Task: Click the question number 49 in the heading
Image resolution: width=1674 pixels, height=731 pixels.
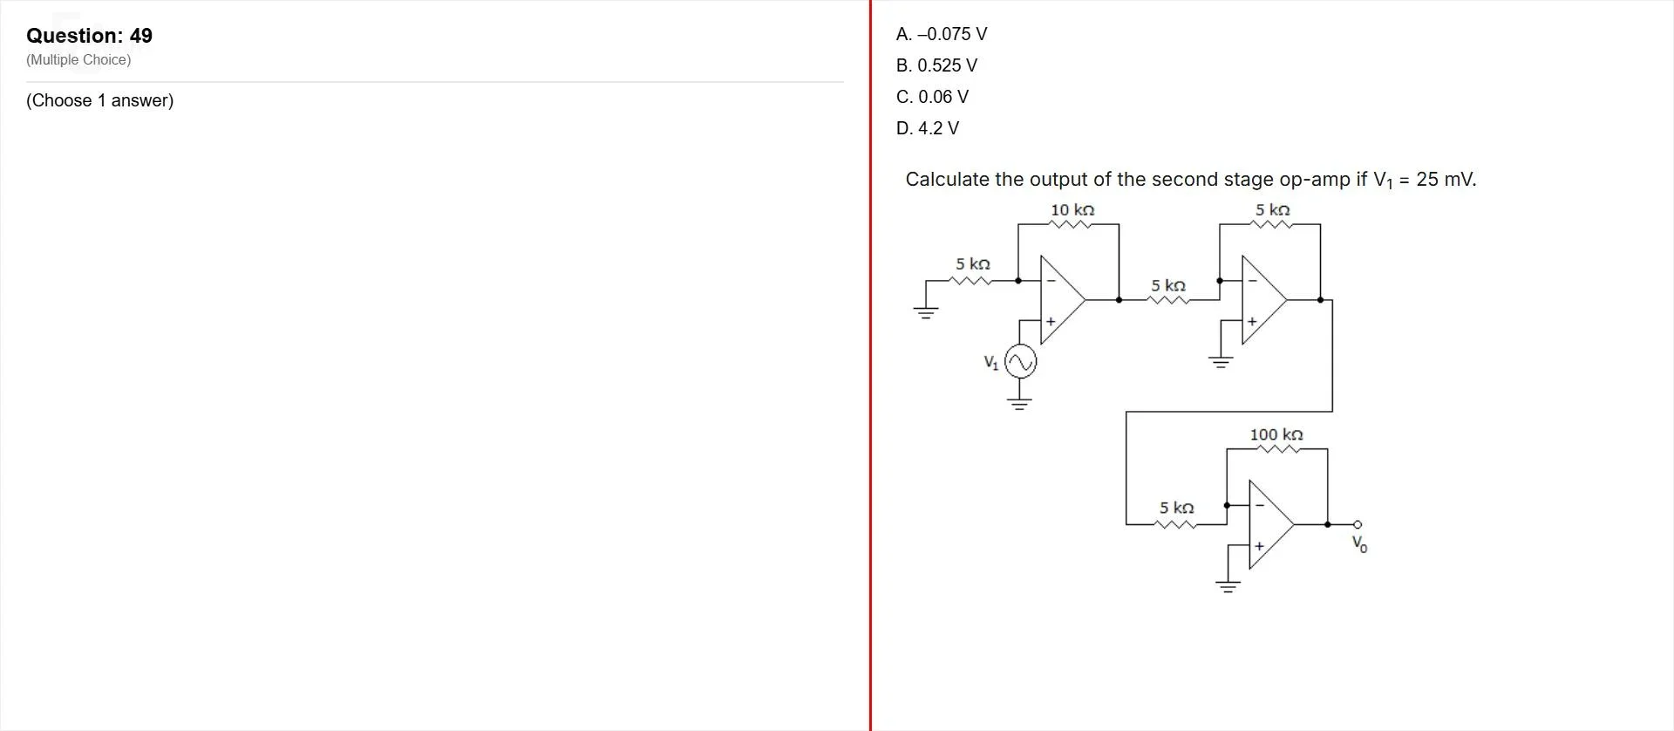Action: (x=141, y=36)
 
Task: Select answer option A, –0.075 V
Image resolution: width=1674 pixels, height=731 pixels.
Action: (x=942, y=34)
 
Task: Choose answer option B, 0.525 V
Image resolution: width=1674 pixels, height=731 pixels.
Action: (x=936, y=65)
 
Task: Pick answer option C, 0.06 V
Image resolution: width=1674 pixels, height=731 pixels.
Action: (x=932, y=97)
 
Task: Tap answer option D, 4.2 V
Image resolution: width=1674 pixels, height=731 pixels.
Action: (x=927, y=128)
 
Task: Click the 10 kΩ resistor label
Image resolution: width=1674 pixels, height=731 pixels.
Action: (x=1072, y=210)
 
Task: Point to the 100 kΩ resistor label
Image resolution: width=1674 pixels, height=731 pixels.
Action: (x=1276, y=434)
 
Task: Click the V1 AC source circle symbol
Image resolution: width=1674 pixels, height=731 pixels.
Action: (x=1020, y=361)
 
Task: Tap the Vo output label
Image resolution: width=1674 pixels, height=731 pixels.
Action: (x=1359, y=544)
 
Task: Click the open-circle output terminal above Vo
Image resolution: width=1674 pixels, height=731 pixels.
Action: (x=1357, y=524)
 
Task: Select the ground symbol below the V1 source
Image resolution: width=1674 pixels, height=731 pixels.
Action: (x=1019, y=403)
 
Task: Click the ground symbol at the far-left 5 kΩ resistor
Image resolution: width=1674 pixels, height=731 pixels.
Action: (x=926, y=311)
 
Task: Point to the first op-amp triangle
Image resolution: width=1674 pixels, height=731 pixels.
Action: (x=1063, y=299)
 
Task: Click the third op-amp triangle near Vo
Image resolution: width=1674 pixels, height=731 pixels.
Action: (x=1271, y=524)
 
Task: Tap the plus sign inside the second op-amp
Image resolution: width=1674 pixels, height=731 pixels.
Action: (x=1252, y=321)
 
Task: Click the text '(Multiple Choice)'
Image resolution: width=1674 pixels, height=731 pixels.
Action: (x=78, y=60)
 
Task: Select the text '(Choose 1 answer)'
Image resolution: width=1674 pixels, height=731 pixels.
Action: (x=100, y=100)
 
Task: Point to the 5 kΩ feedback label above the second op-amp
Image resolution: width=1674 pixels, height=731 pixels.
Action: (x=1273, y=210)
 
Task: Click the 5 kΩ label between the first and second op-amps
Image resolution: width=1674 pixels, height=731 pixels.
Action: (x=1168, y=286)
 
